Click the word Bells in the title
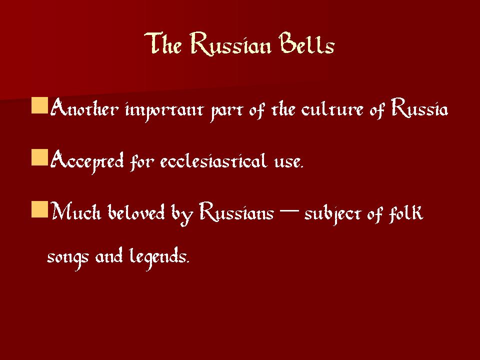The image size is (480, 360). pyautogui.click(x=306, y=43)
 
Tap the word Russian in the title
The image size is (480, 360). pyautogui.click(x=230, y=44)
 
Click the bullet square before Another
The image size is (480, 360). pyautogui.click(x=40, y=105)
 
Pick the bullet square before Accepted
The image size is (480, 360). pyautogui.click(x=40, y=157)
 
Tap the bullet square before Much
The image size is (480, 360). pyautogui.click(x=40, y=209)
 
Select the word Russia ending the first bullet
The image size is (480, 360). pyautogui.click(x=419, y=108)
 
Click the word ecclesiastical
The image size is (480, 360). pyautogui.click(x=213, y=160)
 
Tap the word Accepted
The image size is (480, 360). pyautogui.click(x=87, y=161)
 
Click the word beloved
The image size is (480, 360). pyautogui.click(x=136, y=212)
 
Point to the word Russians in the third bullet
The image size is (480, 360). pyautogui.click(x=236, y=211)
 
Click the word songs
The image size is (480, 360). pyautogui.click(x=68, y=258)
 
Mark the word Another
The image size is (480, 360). pyautogui.click(x=84, y=108)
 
